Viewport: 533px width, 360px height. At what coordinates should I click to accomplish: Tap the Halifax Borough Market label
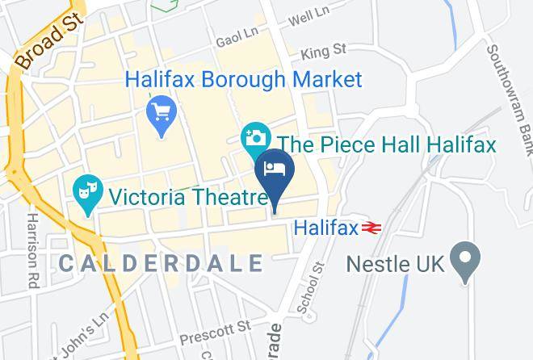243,80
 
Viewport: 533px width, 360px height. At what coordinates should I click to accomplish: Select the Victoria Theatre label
188,196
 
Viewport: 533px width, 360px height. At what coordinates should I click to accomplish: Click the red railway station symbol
371,228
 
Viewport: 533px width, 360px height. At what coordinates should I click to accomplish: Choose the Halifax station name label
325,228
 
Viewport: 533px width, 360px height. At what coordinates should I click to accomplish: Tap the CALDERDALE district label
162,263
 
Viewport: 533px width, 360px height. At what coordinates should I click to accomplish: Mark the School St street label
310,287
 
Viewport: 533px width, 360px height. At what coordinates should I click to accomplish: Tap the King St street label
323,52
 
